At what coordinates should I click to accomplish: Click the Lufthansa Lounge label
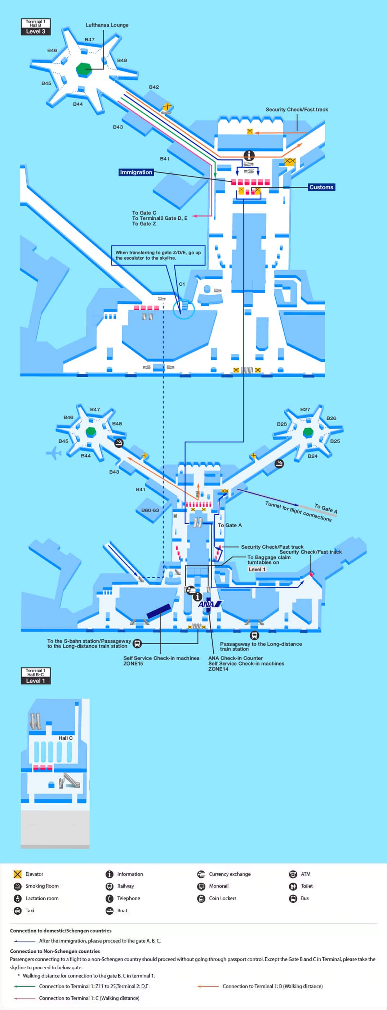[107, 25]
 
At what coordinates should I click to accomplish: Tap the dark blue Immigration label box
[135, 172]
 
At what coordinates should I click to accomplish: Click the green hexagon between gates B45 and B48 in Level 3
[84, 69]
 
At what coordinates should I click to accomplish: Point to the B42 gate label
[154, 87]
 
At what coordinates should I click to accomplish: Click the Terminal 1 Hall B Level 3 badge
[36, 27]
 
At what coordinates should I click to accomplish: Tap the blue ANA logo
[210, 604]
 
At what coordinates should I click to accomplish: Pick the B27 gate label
[305, 409]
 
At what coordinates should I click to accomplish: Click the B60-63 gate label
[150, 510]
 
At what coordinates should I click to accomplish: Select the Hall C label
[66, 738]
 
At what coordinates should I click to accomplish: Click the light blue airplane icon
[54, 453]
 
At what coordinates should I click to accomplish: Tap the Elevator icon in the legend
[18, 874]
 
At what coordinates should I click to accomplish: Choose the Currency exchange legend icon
[201, 874]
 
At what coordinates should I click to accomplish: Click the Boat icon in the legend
[110, 910]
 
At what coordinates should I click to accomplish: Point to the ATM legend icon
[293, 874]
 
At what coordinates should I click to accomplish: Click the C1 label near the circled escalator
[182, 284]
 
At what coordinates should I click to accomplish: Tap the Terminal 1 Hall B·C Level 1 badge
[36, 676]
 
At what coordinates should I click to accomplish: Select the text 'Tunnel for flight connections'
[298, 511]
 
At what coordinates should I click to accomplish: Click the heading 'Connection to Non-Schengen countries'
[55, 951]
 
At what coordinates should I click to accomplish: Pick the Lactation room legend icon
[18, 898]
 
